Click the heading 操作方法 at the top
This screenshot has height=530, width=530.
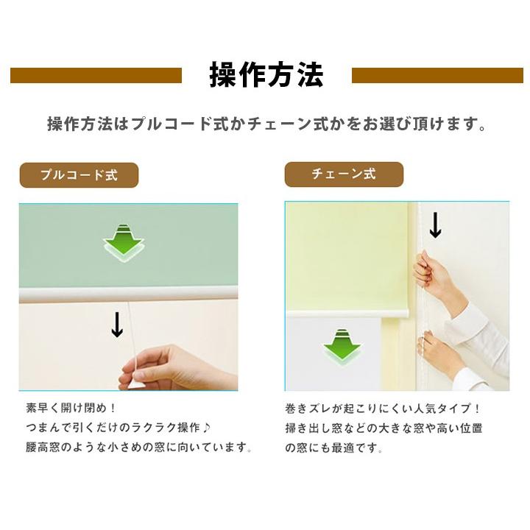(x=266, y=76)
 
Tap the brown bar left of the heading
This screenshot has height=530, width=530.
(x=96, y=76)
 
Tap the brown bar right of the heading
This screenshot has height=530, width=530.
(x=437, y=76)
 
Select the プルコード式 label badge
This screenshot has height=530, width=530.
(x=79, y=175)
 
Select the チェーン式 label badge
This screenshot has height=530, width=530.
(x=344, y=174)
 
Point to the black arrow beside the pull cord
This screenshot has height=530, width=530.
(x=117, y=325)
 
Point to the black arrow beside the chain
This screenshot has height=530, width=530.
(x=435, y=225)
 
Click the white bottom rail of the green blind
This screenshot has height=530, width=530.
(x=128, y=294)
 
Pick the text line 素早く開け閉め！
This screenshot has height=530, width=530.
(x=71, y=407)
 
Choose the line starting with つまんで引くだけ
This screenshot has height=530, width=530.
(x=121, y=427)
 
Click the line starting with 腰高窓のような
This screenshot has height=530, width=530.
(x=139, y=447)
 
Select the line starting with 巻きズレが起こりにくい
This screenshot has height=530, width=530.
(x=383, y=408)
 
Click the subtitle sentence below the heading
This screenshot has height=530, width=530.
(x=266, y=124)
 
